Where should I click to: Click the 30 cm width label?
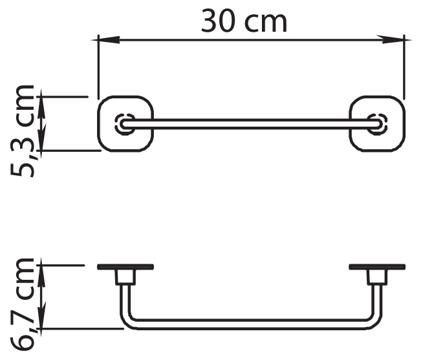pos(244,21)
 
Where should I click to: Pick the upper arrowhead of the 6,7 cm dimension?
pos(41,272)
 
